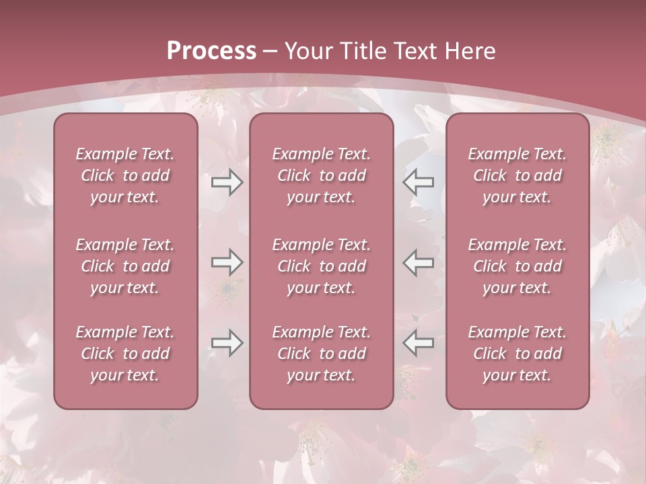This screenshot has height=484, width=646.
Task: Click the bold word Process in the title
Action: point(211,50)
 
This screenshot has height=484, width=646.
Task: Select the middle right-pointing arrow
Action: point(227,262)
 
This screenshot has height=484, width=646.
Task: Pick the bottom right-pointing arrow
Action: point(227,343)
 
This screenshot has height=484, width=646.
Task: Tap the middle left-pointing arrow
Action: point(419,262)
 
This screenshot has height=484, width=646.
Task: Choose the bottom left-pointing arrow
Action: point(419,343)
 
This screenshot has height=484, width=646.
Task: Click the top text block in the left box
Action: point(125,175)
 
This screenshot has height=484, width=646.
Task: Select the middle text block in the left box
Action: point(125,266)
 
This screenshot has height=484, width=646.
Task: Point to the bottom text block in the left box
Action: point(125,354)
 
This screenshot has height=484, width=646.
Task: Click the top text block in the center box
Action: point(322,175)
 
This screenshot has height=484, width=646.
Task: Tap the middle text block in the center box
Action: point(322,266)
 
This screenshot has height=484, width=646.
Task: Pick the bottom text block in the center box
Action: point(322,354)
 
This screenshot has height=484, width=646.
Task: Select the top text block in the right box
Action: point(517,175)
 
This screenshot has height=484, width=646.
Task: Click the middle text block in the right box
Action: point(517,266)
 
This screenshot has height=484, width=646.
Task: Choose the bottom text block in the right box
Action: point(517,354)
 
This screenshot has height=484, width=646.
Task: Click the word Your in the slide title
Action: point(307,50)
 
